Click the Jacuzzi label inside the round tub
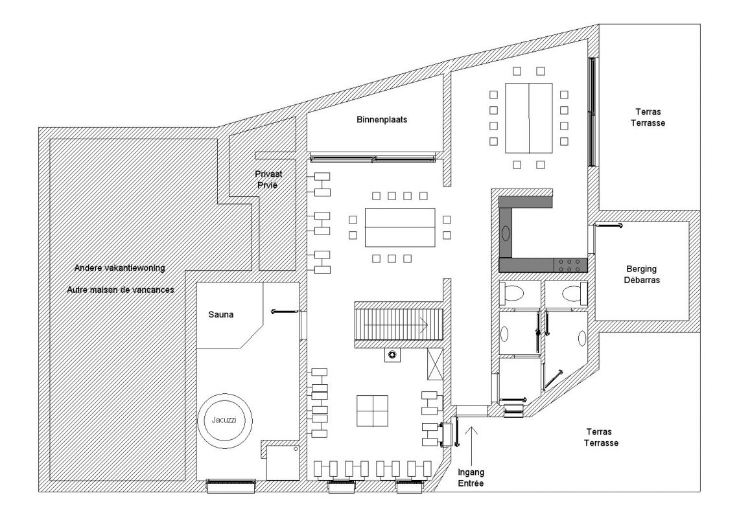pos(224,420)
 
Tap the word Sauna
pos(221,315)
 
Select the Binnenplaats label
pos(382,120)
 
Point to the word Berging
pos(642,269)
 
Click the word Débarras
pos(642,280)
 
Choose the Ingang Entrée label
pos(471,477)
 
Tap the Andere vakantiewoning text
pos(120,268)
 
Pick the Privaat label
pos(268,174)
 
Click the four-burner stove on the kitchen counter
pos(570,266)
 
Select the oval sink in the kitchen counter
pos(506,234)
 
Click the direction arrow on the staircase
pos(396,325)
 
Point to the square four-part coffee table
pos(372,411)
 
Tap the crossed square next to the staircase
pos(434,364)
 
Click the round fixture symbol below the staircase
pos(392,355)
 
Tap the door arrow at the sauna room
pos(286,312)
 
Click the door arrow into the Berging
pos(609,226)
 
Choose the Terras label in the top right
pos(648,112)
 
